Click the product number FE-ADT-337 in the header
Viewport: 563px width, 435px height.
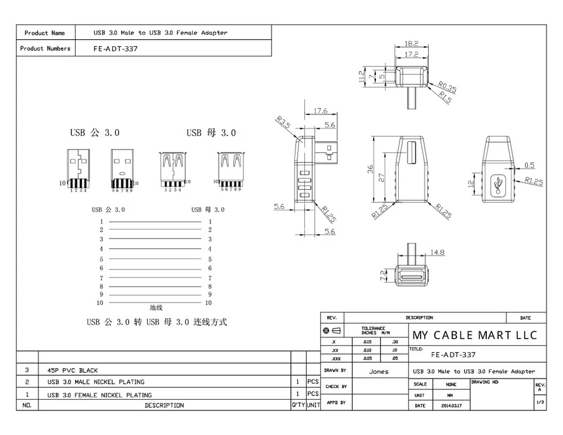(x=116, y=49)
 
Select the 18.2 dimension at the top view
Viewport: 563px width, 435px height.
(x=411, y=43)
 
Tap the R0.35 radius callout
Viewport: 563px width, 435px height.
(x=447, y=87)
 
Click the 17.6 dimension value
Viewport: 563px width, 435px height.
(x=320, y=111)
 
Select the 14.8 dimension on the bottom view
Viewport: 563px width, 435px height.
(x=437, y=253)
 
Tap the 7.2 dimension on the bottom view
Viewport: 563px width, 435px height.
(x=384, y=276)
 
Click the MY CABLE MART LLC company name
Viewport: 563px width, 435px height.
(x=474, y=335)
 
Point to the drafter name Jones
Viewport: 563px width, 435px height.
(x=378, y=372)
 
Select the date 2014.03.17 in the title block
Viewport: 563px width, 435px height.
(x=451, y=406)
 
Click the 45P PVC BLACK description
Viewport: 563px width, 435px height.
(x=73, y=371)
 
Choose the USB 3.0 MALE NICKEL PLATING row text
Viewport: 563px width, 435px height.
(x=96, y=382)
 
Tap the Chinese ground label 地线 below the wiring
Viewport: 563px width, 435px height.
(x=156, y=307)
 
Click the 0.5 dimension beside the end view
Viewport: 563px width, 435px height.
(x=530, y=165)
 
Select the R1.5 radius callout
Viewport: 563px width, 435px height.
(x=445, y=99)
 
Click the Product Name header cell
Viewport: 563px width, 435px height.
(x=45, y=33)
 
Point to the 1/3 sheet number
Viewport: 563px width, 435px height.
(x=540, y=402)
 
